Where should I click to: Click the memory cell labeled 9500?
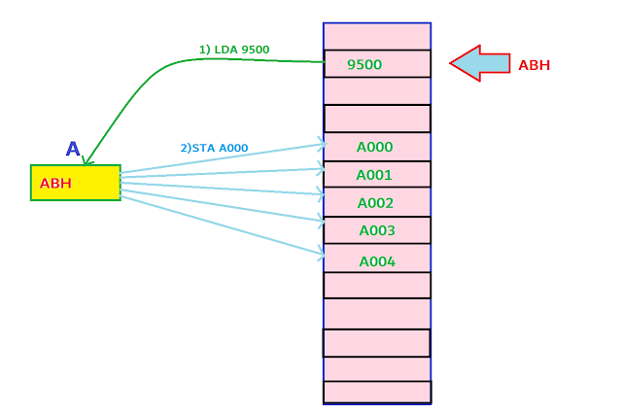pos(365,65)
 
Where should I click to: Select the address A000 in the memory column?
pos(374,148)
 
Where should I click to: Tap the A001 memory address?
pos(374,176)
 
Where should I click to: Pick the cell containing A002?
pos(375,204)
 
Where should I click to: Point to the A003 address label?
pos(377,231)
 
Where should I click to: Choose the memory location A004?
pos(377,261)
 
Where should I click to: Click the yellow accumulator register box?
pos(76,183)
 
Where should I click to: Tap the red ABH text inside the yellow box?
pos(55,184)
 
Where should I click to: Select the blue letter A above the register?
pos(73,150)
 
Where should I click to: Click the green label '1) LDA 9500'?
pos(234,50)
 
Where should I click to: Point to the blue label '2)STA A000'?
pos(214,149)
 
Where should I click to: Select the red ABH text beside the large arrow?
pos(535,65)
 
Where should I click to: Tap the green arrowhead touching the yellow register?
pos(87,161)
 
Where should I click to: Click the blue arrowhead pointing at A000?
pos(320,146)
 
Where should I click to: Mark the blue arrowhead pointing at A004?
pos(320,254)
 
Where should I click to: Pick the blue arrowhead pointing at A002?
pos(320,194)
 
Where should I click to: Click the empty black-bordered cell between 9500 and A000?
pos(377,119)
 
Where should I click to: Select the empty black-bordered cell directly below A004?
pos(377,286)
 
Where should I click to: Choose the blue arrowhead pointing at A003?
pos(320,221)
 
